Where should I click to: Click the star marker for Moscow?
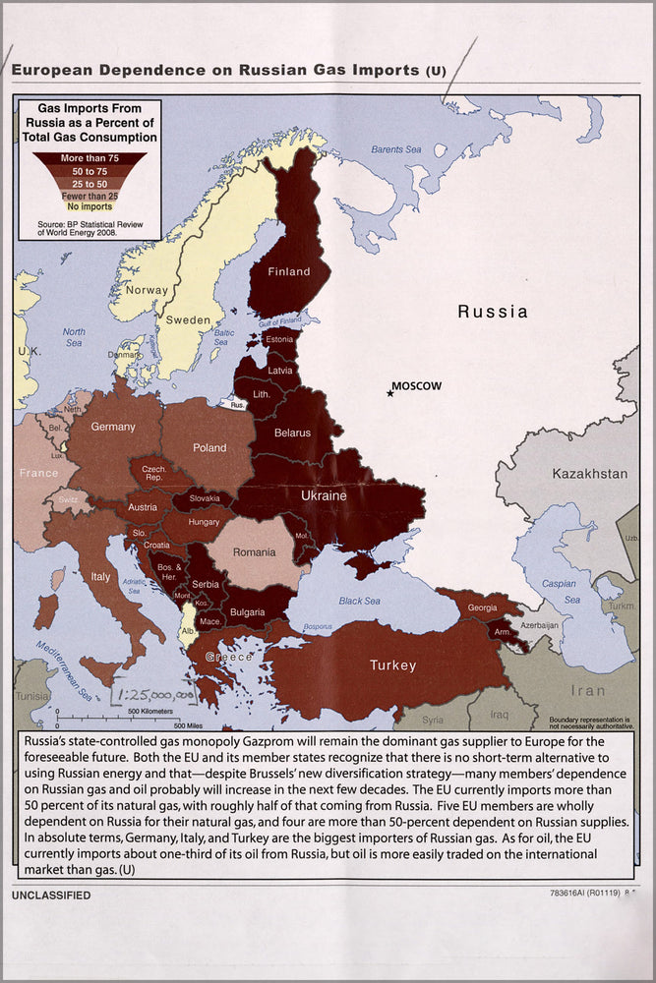coord(390,392)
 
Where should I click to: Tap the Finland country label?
coord(288,271)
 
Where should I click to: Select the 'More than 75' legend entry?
coord(89,157)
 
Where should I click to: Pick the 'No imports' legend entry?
coord(89,205)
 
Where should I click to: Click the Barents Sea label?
coord(395,149)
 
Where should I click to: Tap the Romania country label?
coord(254,552)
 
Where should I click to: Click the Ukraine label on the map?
coord(323,495)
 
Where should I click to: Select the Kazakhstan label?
coord(590,473)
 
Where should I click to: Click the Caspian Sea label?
coord(558,591)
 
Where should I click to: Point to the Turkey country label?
coord(392,665)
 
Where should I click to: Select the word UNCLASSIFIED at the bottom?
coord(51,896)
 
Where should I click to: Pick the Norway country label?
coord(148,290)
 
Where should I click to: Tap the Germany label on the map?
coord(113,428)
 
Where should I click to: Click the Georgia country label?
coord(482,607)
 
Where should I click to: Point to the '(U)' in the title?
coord(436,72)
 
